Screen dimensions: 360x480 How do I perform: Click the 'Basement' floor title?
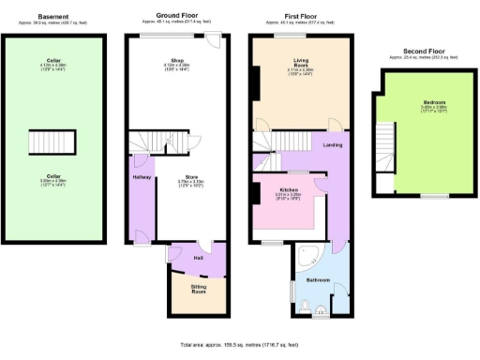tap(52, 16)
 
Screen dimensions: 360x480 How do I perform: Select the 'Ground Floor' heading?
tap(174, 16)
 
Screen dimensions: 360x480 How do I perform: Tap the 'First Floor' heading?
tap(299, 16)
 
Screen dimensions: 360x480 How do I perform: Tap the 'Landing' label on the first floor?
tap(332, 144)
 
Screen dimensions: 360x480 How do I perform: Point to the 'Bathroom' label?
tap(318, 279)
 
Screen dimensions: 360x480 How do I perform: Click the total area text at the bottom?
tap(239, 345)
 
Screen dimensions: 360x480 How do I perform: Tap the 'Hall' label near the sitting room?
tap(199, 257)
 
